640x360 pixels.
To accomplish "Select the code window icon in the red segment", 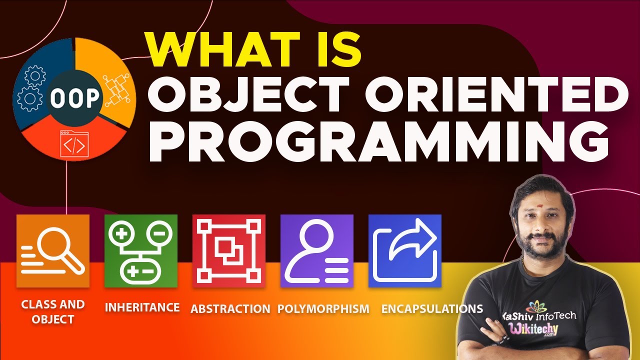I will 74,144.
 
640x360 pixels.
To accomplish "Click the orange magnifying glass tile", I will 53,251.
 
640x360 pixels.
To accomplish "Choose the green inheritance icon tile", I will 141,251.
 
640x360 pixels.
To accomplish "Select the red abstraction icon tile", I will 229,251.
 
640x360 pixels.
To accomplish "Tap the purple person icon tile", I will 317,251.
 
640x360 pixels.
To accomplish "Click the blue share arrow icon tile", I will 405,251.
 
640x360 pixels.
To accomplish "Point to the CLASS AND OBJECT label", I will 53,311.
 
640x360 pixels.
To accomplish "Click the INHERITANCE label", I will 142,307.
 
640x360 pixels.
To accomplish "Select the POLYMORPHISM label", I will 323,309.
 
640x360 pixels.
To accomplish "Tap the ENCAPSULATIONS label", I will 432,309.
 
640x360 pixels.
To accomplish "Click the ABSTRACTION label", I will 230,309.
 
